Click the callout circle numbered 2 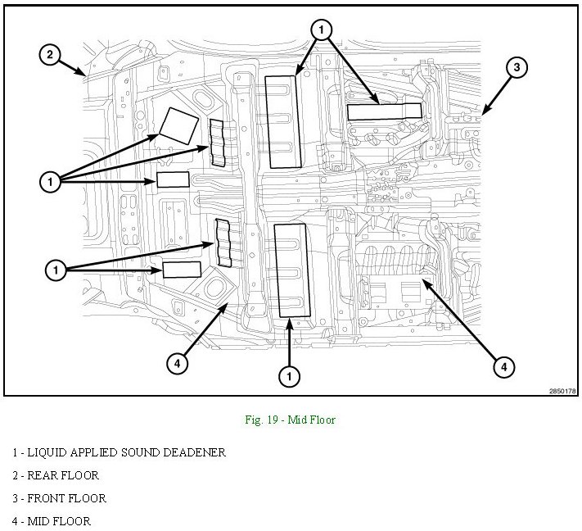[x=50, y=55]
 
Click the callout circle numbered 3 [x=517, y=67]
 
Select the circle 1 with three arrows [x=50, y=182]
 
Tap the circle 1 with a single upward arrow [x=289, y=376]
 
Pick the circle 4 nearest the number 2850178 [x=503, y=367]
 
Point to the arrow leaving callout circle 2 [x=72, y=68]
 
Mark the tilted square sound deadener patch [x=179, y=126]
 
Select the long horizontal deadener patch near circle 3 [x=384, y=111]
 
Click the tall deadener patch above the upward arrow [x=291, y=270]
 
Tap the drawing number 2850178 [x=562, y=391]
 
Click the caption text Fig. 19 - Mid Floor [x=290, y=420]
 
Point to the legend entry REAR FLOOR [x=56, y=475]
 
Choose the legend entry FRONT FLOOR [x=60, y=498]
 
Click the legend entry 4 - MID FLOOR [x=52, y=521]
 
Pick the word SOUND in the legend [x=140, y=452]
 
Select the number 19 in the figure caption [x=273, y=420]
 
